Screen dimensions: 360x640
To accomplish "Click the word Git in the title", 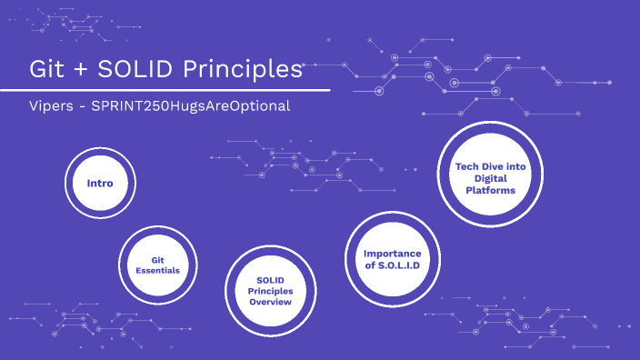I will (x=48, y=69).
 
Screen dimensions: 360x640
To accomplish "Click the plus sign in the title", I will (x=86, y=70).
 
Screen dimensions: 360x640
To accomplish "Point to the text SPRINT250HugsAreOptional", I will (x=191, y=105).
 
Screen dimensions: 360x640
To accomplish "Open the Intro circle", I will (x=100, y=184).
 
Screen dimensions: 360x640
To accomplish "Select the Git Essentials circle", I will (x=152, y=265).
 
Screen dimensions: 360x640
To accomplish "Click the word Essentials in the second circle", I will (x=152, y=271).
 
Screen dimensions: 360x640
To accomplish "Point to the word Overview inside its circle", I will (x=270, y=302).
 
